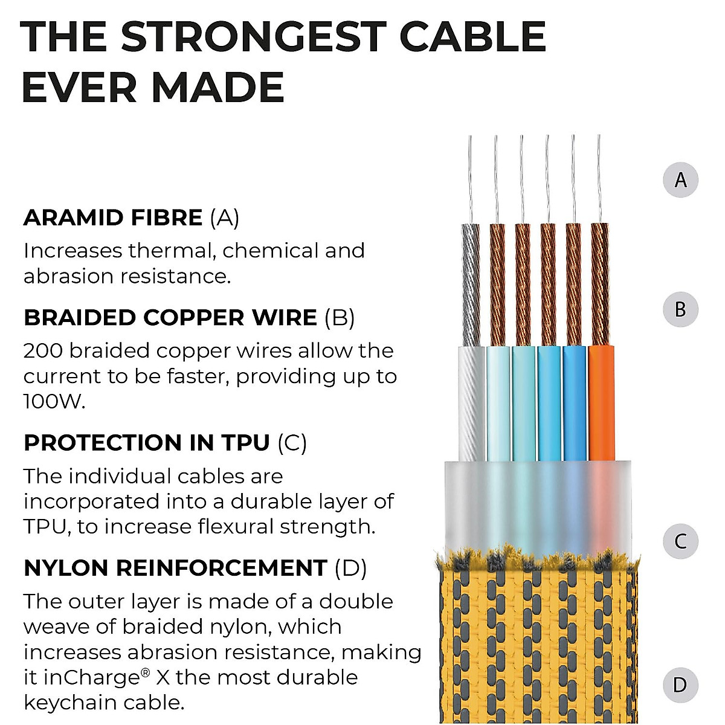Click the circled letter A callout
click(680, 180)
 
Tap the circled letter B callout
click(680, 309)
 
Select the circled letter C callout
click(680, 541)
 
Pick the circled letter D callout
click(680, 685)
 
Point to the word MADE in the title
click(218, 88)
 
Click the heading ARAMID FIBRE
click(113, 217)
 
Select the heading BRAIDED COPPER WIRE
click(170, 318)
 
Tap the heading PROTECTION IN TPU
click(147, 443)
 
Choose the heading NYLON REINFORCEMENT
click(175, 568)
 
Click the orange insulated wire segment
click(601, 402)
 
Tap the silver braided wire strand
click(470, 284)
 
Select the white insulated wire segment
click(471, 402)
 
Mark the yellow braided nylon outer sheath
click(538, 646)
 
